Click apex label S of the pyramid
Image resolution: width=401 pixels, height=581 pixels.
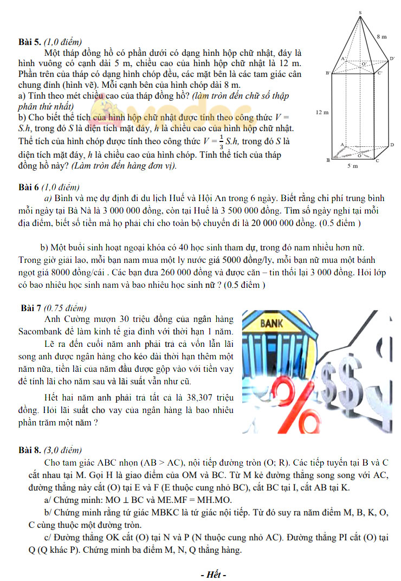360,12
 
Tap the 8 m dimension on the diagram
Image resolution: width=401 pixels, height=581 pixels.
381,36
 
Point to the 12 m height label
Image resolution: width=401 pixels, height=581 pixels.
321,112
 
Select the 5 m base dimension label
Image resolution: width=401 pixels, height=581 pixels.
353,166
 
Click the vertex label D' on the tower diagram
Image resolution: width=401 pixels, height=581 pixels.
391,58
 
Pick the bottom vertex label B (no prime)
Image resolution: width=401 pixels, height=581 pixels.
328,160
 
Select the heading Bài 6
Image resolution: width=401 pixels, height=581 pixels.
29,188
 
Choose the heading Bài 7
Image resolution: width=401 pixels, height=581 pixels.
31,308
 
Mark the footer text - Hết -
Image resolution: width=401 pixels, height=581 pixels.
213,574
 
